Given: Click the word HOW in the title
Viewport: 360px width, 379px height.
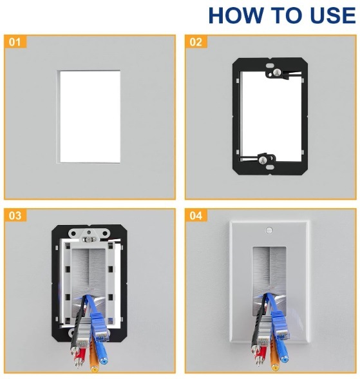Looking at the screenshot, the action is pyautogui.click(x=236, y=15).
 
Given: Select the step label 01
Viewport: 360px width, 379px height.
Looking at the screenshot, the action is pyautogui.click(x=15, y=42).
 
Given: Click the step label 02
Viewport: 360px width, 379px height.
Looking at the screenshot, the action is pyautogui.click(x=196, y=42).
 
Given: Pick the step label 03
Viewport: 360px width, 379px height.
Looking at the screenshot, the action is pyautogui.click(x=15, y=215).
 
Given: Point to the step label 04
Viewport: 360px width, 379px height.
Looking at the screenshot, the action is pyautogui.click(x=196, y=215).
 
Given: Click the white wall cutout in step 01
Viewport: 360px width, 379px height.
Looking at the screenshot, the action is pyautogui.click(x=90, y=117).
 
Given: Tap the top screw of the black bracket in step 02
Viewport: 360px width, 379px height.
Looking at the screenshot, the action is pyautogui.click(x=278, y=72).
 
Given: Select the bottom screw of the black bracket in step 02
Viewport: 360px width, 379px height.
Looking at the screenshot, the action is pyautogui.click(x=263, y=160).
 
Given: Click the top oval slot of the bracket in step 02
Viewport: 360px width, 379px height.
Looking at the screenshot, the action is pyautogui.click(x=269, y=66).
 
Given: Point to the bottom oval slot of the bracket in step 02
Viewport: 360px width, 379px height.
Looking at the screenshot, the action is pyautogui.click(x=269, y=167).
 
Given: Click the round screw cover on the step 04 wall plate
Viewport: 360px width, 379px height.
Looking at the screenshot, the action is pyautogui.click(x=269, y=230).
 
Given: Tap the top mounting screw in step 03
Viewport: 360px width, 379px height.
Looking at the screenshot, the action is pyautogui.click(x=89, y=240).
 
